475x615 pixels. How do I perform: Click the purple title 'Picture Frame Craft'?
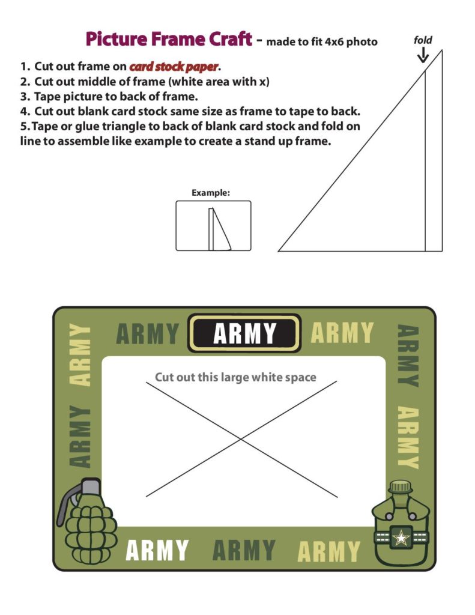coord(168,40)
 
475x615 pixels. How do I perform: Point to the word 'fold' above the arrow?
coord(423,40)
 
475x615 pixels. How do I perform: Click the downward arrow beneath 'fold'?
coord(423,55)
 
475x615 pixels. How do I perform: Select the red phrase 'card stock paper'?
coord(173,67)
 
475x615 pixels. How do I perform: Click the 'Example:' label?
coord(211,193)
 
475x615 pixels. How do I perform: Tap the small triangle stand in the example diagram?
coord(221,229)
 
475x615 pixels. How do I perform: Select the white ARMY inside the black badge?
coord(244,333)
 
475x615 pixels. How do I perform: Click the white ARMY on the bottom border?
coord(157,550)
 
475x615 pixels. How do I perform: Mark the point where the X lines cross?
coord(241,438)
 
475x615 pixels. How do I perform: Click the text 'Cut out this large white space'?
coord(235,377)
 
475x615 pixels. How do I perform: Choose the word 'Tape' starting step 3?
coord(47,96)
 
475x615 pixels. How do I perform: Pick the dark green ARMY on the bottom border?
coord(244,550)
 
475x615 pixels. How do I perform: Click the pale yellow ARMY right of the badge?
coord(342,333)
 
